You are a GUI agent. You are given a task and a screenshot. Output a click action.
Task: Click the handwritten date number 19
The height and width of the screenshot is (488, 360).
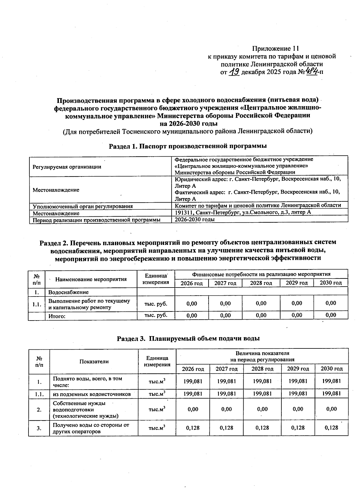[233, 72]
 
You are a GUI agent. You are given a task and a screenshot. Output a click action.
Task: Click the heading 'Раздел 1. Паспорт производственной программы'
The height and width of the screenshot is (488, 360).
[187, 146]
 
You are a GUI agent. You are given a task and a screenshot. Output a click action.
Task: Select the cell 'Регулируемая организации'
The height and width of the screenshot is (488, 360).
[67, 167]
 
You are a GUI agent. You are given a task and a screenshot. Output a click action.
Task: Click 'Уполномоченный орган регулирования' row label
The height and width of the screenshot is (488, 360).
[83, 206]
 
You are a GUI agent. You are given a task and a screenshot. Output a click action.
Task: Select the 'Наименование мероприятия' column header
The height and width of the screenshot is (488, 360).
[91, 279]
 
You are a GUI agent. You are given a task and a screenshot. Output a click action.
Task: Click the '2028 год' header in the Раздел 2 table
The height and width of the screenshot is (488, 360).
[261, 283]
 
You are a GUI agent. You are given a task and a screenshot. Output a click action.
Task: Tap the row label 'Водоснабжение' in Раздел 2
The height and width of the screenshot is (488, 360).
[68, 292]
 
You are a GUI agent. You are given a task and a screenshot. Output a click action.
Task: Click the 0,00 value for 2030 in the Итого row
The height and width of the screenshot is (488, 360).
[331, 315]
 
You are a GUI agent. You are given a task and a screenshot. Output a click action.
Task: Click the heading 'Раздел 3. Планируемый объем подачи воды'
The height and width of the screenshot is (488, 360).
[188, 339]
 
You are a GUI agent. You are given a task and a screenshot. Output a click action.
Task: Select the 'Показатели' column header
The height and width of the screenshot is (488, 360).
[94, 361]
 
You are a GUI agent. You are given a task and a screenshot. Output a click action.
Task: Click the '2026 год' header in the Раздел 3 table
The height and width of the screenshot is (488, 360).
[193, 369]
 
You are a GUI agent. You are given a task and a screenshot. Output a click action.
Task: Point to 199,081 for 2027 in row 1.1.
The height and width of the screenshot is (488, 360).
[226, 393]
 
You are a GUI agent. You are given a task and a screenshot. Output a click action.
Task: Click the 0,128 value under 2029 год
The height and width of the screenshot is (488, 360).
[298, 428]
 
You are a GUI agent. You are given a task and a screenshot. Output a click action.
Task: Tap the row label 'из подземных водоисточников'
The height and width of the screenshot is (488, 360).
[91, 394]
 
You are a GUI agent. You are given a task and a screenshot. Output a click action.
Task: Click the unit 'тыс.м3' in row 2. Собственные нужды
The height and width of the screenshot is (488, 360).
[157, 409]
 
